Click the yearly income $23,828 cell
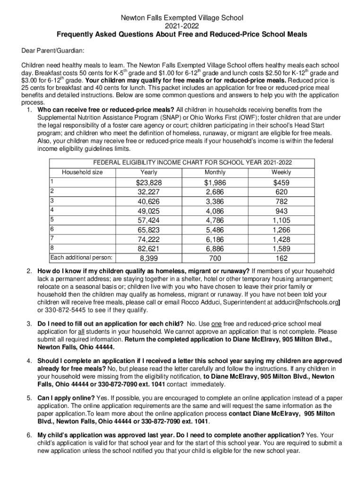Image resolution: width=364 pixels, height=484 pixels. click(149, 183)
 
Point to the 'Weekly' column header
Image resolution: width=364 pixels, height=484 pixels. click(281, 172)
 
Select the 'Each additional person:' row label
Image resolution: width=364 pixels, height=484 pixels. click(81, 258)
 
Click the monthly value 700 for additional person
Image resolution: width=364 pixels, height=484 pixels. click(215, 258)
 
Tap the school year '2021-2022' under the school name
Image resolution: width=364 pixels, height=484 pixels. click(182, 26)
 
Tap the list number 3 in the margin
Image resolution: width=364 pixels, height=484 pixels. click(29, 323)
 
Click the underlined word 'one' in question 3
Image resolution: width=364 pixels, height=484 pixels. click(216, 323)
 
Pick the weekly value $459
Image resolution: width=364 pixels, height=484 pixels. click(281, 183)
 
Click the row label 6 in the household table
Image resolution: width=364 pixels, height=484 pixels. click(52, 229)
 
